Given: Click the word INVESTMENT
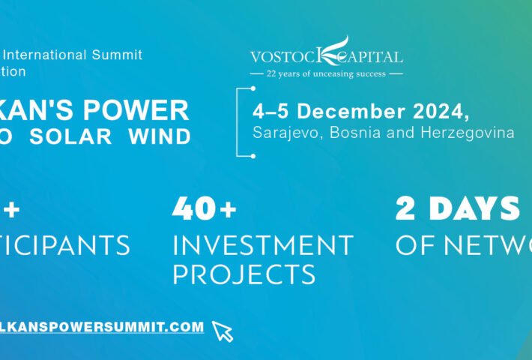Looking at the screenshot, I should point(262,245).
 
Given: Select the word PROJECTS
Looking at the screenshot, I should point(244,274).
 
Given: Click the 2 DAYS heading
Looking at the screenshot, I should point(457,209).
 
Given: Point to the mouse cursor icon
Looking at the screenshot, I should point(222,331).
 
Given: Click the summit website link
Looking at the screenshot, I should point(102,327).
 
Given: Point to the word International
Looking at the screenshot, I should point(49,55).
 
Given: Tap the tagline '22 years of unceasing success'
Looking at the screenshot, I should point(326,73).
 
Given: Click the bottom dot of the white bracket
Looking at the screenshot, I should point(253,156).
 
